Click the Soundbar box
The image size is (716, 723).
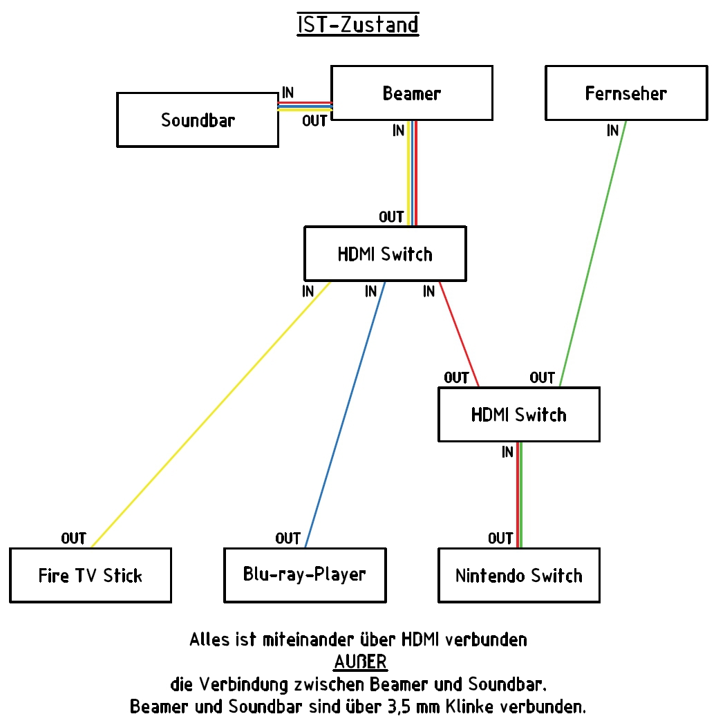coord(198,120)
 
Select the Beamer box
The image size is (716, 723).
coord(412,93)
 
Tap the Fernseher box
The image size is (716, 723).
coord(626,93)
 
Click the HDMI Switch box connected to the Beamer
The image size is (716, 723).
coord(385,254)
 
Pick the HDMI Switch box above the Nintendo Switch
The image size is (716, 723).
coord(518,415)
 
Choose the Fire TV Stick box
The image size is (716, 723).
coord(91,576)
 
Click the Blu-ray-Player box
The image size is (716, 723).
coord(305,576)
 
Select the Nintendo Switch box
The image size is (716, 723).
coord(518,576)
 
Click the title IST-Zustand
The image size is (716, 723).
coord(358,24)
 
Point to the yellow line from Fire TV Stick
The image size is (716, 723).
coord(211,415)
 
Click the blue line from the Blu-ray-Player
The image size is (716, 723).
coord(345,415)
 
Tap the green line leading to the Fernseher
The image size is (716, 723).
coord(593,254)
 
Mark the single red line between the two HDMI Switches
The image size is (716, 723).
coord(459,335)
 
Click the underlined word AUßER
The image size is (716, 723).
coord(361,662)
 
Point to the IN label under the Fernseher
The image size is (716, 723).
coord(612,131)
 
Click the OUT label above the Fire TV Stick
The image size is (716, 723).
coord(74,538)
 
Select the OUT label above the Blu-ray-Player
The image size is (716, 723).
coord(288,538)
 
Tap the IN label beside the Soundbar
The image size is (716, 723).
coord(288,93)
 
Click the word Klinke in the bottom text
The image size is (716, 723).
coord(469,706)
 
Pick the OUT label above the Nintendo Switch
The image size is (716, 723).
coord(500,538)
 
